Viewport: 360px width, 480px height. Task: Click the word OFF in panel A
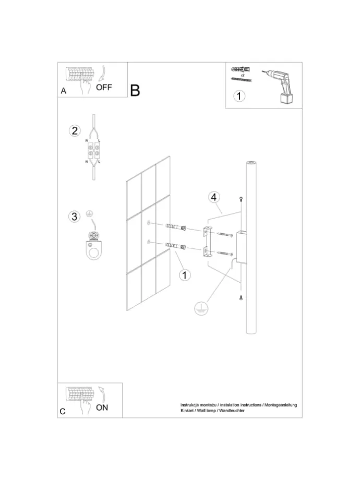pyautogui.click(x=104, y=87)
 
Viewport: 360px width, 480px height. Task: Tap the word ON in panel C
pyautogui.click(x=102, y=407)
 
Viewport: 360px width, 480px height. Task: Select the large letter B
pyautogui.click(x=135, y=90)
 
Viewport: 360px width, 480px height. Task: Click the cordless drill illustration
pyautogui.click(x=278, y=86)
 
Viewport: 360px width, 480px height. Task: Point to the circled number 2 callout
pyautogui.click(x=75, y=131)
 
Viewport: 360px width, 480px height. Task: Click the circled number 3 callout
pyautogui.click(x=75, y=217)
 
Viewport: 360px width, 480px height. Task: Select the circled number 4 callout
pyautogui.click(x=214, y=197)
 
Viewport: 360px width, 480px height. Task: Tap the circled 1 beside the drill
pyautogui.click(x=239, y=96)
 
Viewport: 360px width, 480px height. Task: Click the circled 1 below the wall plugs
pyautogui.click(x=185, y=275)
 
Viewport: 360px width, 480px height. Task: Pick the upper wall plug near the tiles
pyautogui.click(x=176, y=227)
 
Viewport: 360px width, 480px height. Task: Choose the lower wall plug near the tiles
pyautogui.click(x=176, y=246)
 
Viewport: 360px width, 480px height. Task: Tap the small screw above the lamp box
pyautogui.click(x=241, y=199)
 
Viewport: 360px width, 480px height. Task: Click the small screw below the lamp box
pyautogui.click(x=241, y=297)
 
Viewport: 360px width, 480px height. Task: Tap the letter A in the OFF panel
pyautogui.click(x=63, y=91)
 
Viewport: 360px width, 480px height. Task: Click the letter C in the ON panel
pyautogui.click(x=63, y=412)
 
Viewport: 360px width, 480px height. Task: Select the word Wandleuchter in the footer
pyautogui.click(x=232, y=411)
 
